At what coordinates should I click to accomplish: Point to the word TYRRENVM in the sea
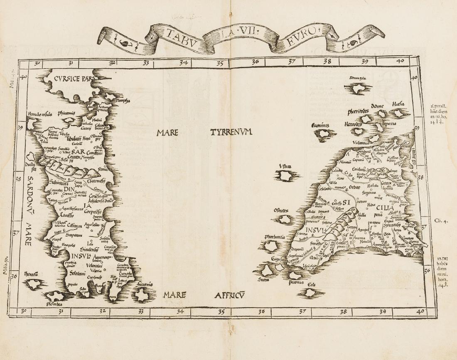(231, 133)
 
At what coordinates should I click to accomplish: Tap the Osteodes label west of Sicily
(281, 210)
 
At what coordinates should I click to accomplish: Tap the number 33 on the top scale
(146, 63)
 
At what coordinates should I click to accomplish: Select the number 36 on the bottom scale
(261, 311)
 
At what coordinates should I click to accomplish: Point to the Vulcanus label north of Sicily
(350, 142)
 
